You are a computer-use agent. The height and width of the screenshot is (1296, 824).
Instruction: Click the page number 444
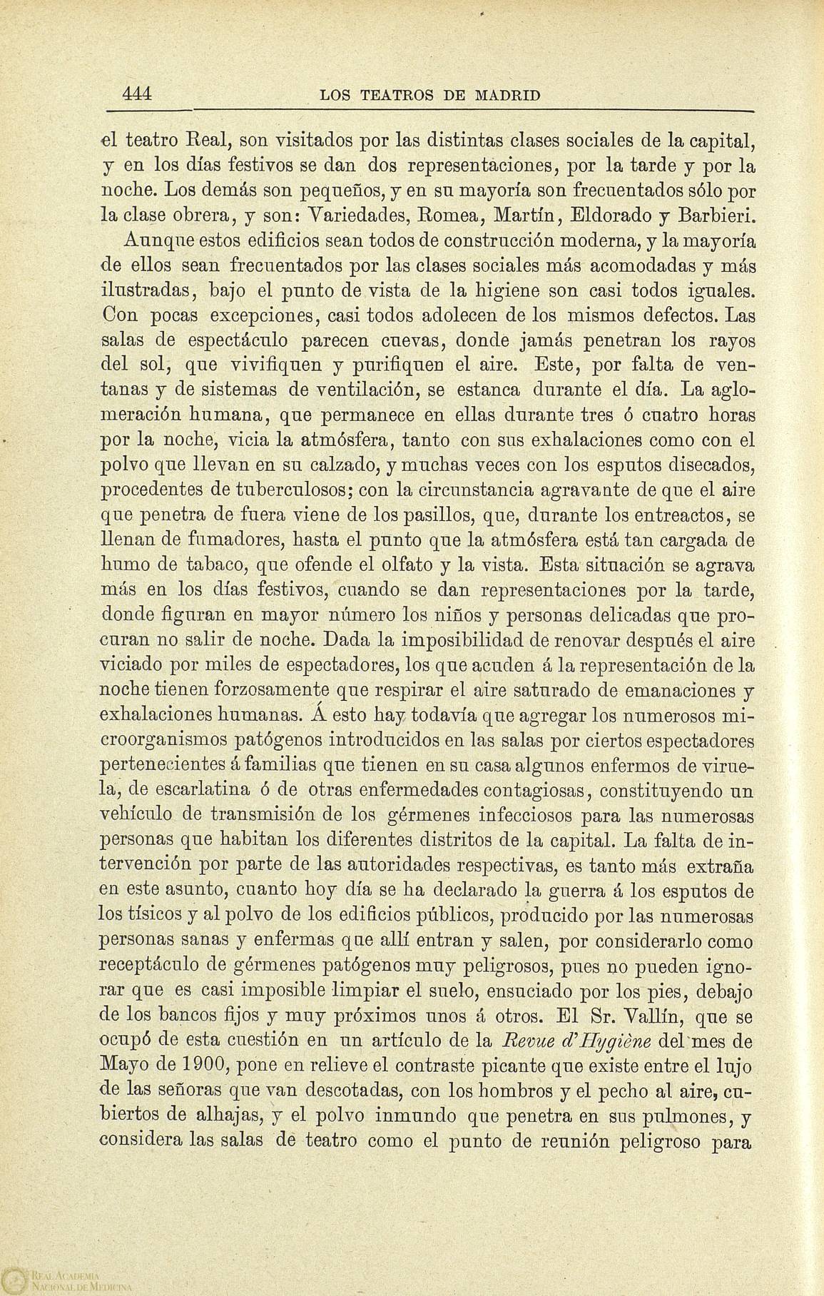point(138,94)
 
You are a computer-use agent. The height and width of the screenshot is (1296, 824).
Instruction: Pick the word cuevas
point(402,339)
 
